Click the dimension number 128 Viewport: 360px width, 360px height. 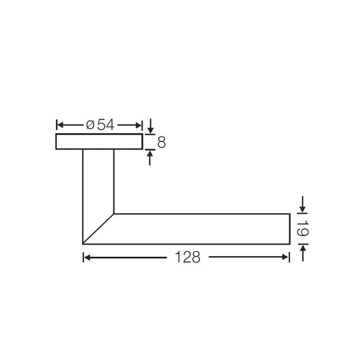[x=186, y=258]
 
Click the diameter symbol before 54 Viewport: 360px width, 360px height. [x=90, y=125]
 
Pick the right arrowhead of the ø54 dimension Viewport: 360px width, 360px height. [x=139, y=125]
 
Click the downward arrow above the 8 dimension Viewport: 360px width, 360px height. [x=151, y=127]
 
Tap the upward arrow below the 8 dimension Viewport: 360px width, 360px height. [x=151, y=157]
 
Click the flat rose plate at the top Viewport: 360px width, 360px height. [x=99, y=141]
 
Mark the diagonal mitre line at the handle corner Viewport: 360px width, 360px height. [x=99, y=229]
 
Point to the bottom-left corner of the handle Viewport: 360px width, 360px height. [x=83, y=244]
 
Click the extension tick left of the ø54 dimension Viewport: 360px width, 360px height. [x=56, y=125]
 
